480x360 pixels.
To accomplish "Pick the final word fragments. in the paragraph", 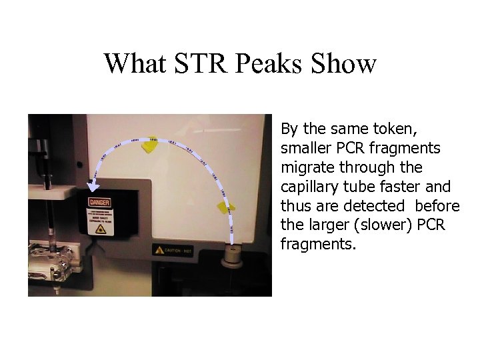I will tap(319, 245).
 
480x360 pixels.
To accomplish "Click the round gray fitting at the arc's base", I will tap(233, 255).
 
